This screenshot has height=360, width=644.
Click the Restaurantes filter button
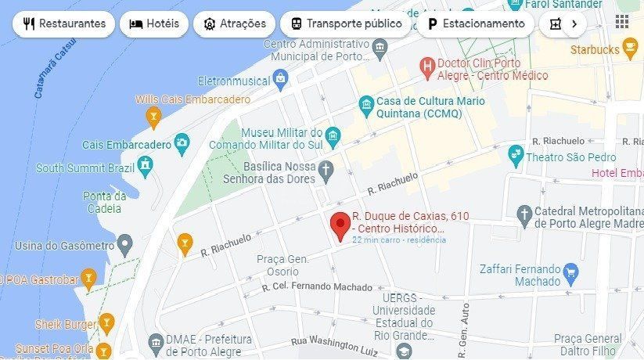click(x=64, y=23)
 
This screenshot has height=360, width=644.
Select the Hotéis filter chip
click(x=154, y=23)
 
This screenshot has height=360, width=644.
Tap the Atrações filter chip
click(x=235, y=23)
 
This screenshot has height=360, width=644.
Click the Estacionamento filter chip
click(x=476, y=23)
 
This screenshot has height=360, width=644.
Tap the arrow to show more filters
click(x=574, y=23)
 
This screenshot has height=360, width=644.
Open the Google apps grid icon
click(x=622, y=22)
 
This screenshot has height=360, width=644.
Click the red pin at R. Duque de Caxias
click(x=340, y=225)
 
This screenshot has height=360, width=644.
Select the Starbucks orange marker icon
click(x=630, y=50)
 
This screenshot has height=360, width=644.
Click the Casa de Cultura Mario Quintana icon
click(x=365, y=104)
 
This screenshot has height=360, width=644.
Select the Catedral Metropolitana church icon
click(x=524, y=212)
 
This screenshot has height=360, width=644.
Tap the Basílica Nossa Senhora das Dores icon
click(x=326, y=168)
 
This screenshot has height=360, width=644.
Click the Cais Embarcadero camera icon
click(x=182, y=143)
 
